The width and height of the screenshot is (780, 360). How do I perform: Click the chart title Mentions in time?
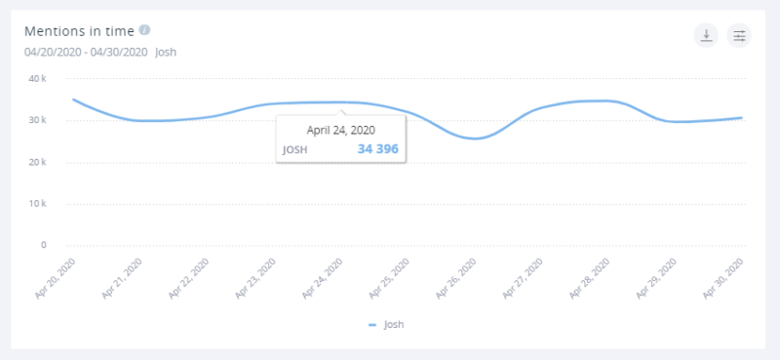79,31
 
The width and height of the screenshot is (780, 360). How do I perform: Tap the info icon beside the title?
144,30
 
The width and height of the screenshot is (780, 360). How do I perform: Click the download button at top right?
705,36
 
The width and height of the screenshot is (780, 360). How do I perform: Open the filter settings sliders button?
739,36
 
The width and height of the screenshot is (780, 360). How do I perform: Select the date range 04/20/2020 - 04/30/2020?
85,52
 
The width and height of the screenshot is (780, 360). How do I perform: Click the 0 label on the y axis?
45,245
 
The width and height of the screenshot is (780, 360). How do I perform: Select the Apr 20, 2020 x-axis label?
56,277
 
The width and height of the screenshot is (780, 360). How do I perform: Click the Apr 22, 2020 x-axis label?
189,277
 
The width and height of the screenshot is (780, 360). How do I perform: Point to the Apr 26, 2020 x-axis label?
457,277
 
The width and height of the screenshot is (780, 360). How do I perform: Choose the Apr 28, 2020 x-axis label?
592,277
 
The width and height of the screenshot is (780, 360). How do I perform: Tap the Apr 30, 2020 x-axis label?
725,277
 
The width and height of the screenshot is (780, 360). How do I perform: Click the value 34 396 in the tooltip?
377,149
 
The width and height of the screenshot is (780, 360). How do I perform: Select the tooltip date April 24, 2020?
340,129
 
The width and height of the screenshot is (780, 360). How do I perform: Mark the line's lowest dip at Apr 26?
475,139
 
